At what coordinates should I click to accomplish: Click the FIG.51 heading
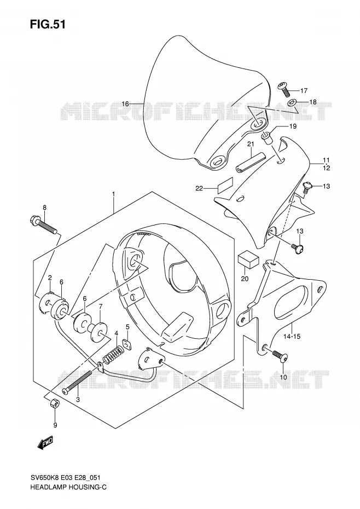(x=48, y=24)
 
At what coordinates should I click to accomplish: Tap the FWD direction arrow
(x=45, y=442)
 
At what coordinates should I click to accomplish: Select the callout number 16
(x=125, y=104)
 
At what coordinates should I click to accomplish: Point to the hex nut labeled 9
(x=55, y=403)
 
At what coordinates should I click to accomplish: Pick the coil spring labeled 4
(x=112, y=354)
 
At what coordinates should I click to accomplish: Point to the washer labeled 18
(x=292, y=103)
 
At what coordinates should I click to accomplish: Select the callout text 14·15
(x=291, y=336)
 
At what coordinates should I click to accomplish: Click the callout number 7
(x=101, y=306)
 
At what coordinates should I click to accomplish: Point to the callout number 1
(x=114, y=194)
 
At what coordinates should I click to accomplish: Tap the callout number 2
(x=50, y=277)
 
